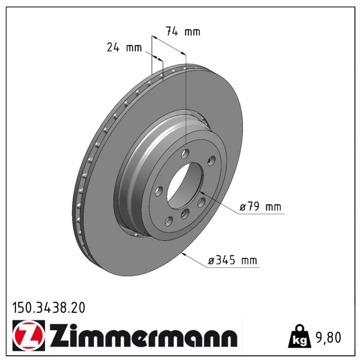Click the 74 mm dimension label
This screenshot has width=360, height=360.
click(183, 31)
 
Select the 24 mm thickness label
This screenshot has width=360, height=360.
click(125, 48)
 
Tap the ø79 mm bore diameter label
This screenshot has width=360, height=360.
click(261, 207)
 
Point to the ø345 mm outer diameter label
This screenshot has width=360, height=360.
click(232, 261)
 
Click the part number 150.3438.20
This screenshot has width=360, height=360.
click(49, 308)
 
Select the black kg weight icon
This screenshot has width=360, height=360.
click(300, 336)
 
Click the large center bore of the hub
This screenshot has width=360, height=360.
click(185, 185)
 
